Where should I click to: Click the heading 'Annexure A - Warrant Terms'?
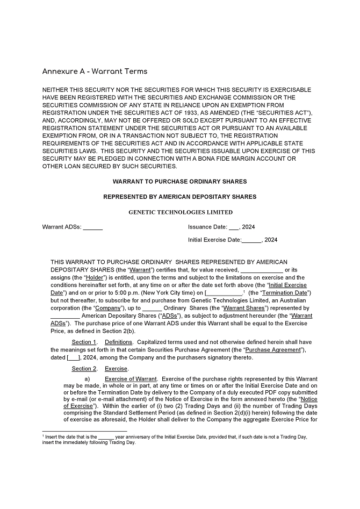click(95, 71)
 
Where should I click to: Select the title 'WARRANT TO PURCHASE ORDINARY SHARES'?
click(180, 182)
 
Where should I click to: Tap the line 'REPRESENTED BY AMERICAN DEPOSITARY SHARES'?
click(180, 197)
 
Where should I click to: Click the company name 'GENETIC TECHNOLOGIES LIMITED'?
click(181, 212)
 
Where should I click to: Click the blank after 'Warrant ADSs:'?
click(93, 227)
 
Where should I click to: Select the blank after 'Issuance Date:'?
click(234, 227)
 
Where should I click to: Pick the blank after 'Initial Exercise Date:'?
click(251, 240)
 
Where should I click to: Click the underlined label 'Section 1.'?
click(84, 342)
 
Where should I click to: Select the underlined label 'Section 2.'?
click(84, 369)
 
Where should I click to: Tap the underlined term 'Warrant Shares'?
click(244, 308)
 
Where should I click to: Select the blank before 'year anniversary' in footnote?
click(106, 437)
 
